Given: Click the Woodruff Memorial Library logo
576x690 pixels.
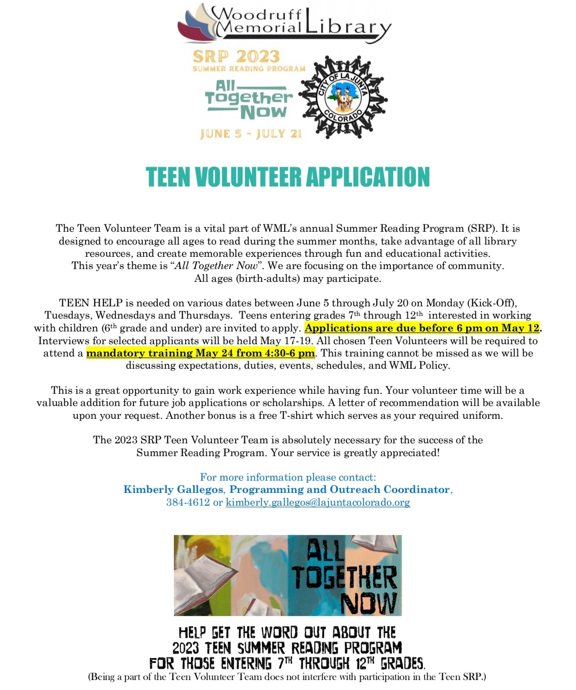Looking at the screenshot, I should (284, 24).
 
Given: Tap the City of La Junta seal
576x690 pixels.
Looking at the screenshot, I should (343, 98).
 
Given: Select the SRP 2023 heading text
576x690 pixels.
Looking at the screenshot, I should (236, 56).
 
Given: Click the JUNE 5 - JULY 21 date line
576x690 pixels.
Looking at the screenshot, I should (251, 134).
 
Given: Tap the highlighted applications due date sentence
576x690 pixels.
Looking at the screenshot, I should (422, 328).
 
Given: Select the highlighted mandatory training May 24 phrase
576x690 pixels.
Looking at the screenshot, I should (201, 353).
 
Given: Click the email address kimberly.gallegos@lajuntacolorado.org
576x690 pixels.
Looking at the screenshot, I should (318, 502).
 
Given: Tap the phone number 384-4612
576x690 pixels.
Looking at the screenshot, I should (188, 502).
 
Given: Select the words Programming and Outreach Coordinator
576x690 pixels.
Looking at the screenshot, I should (340, 490).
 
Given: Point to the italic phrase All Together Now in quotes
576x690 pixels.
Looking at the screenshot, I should (219, 266).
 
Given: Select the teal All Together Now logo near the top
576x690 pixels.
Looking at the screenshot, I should (249, 100).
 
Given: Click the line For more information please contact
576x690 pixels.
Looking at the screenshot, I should (288, 477).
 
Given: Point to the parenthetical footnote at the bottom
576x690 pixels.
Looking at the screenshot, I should (287, 677).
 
